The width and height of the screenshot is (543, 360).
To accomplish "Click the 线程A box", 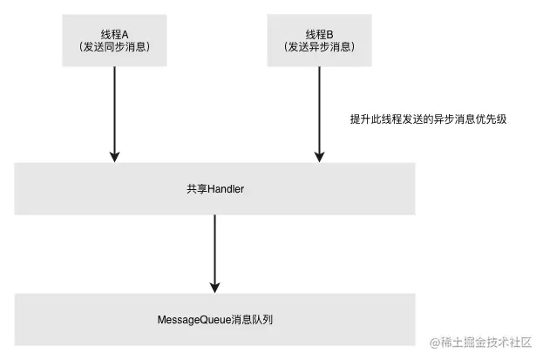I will pyautogui.click(x=114, y=40).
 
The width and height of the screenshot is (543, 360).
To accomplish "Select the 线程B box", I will pyautogui.click(x=320, y=40).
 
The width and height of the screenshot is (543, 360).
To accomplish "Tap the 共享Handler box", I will pyautogui.click(x=215, y=189).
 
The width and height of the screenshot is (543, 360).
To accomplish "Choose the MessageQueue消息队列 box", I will pyautogui.click(x=215, y=320).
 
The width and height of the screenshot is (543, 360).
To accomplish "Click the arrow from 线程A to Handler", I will pyautogui.click(x=114, y=113).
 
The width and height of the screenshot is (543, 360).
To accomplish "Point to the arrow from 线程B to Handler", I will pyautogui.click(x=320, y=113).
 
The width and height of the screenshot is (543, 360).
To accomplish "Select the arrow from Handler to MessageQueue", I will pyautogui.click(x=215, y=253).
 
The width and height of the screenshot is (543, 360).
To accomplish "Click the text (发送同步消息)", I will pyautogui.click(x=114, y=47).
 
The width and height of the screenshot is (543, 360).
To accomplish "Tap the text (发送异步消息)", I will pyautogui.click(x=320, y=47).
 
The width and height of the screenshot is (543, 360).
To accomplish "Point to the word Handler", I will pyautogui.click(x=225, y=189).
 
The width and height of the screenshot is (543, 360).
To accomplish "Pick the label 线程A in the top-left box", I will pyautogui.click(x=114, y=33).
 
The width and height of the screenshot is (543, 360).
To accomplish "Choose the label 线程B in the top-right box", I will pyautogui.click(x=320, y=33).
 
